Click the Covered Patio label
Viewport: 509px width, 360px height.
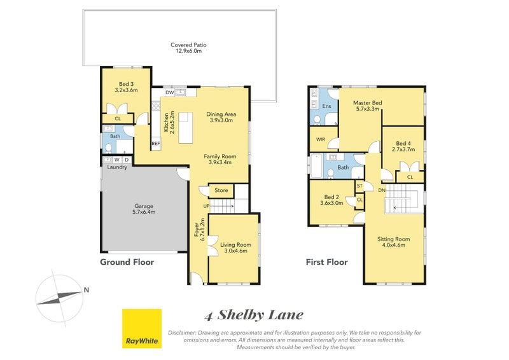tap(188, 48)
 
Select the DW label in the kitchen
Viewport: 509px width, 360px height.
tap(169, 93)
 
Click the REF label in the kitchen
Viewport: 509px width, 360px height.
tap(155, 144)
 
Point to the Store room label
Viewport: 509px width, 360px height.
tap(221, 190)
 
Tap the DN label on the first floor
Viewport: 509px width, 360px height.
tap(381, 190)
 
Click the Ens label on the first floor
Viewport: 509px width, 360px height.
tap(327, 106)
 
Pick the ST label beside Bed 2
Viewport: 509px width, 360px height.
tap(359, 186)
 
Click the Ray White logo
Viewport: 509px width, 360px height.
tap(142, 329)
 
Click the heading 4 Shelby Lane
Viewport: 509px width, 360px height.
tap(254, 315)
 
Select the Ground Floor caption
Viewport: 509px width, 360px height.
tap(127, 262)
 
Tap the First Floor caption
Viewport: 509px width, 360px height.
tap(327, 262)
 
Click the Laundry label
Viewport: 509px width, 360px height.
tap(116, 167)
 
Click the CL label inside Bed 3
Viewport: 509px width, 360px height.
tap(118, 118)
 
